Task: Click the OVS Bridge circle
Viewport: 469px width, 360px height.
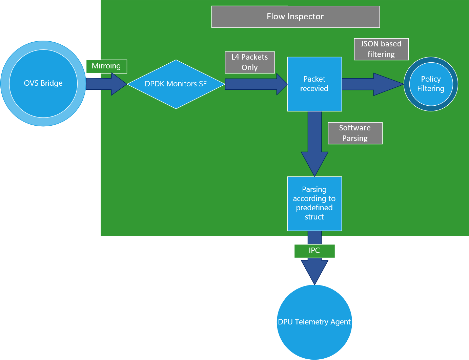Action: click(43, 83)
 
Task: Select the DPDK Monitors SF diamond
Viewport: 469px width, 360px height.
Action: click(176, 84)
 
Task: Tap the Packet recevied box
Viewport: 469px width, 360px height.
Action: click(314, 84)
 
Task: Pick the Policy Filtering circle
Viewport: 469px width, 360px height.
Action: click(431, 84)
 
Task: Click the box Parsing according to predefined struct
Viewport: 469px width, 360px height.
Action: click(314, 203)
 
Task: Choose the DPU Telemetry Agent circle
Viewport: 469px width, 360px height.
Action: click(314, 322)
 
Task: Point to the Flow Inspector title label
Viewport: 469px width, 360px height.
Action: click(295, 17)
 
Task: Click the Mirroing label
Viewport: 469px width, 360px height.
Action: click(106, 66)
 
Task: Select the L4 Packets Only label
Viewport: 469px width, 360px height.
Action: click(250, 62)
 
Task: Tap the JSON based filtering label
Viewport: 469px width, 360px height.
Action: click(381, 49)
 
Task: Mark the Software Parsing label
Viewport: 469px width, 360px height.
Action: click(355, 133)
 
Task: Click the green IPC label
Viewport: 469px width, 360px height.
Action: click(314, 251)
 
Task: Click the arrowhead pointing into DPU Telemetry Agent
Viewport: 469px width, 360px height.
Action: click(314, 271)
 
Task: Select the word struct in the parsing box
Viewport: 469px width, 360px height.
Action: click(314, 217)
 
